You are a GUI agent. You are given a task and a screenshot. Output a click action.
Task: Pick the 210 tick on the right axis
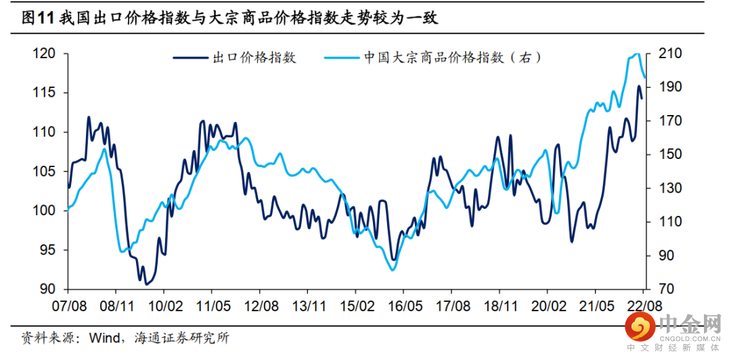(x=661, y=53)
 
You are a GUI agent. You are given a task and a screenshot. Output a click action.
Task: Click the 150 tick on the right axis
(x=661, y=154)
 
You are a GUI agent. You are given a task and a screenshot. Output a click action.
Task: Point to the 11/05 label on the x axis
(x=213, y=306)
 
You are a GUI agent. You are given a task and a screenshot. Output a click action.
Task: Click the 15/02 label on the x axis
(x=357, y=306)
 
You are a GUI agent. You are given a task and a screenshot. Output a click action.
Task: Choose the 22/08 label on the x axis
(x=644, y=306)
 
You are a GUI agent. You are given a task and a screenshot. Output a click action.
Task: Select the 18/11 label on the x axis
(x=501, y=306)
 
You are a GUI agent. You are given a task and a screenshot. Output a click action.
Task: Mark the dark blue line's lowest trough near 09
(x=146, y=284)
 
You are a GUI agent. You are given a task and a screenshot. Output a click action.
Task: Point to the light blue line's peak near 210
(x=636, y=53)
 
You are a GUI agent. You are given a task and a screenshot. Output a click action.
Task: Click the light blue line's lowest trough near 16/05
(x=393, y=270)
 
